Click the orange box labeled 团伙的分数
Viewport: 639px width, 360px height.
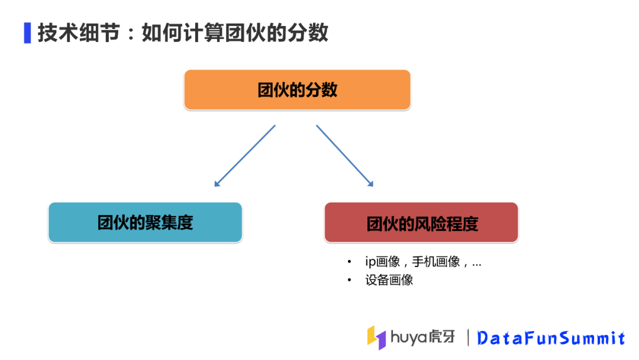click(x=297, y=90)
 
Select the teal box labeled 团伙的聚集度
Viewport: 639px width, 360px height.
click(x=145, y=223)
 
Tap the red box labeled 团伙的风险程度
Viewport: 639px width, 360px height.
click(x=421, y=223)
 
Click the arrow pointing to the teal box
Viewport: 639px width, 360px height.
click(x=245, y=156)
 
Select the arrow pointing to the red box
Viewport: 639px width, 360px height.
click(x=345, y=156)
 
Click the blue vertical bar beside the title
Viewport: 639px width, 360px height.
click(x=27, y=33)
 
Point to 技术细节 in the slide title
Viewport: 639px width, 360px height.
click(x=75, y=33)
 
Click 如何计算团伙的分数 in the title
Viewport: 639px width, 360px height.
click(x=235, y=33)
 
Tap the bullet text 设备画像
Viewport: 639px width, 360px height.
click(x=389, y=280)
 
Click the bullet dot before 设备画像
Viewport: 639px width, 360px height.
click(x=350, y=280)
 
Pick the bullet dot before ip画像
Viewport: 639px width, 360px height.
click(x=350, y=262)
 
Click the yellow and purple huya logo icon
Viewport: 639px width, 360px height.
click(x=376, y=336)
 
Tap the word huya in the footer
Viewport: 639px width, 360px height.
click(x=410, y=337)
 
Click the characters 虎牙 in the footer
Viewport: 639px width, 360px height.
click(x=443, y=336)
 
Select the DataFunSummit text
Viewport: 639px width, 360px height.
click(x=551, y=338)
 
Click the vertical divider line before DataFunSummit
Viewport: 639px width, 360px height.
click(x=469, y=337)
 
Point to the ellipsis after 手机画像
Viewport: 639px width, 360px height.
click(x=476, y=264)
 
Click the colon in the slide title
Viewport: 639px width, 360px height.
click(x=131, y=34)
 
